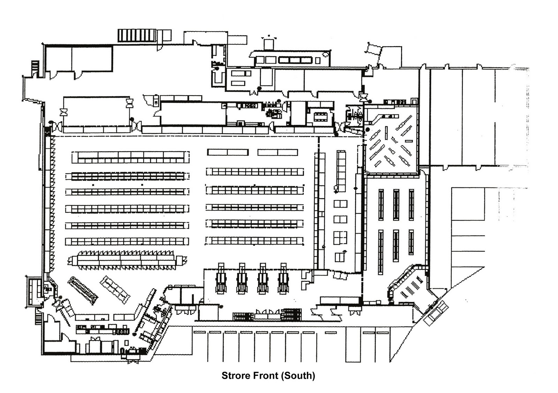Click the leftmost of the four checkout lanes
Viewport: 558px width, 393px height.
click(x=221, y=278)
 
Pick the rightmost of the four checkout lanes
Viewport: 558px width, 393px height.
click(x=283, y=278)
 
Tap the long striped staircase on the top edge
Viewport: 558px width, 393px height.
click(x=137, y=35)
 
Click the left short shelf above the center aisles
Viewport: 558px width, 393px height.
click(x=228, y=152)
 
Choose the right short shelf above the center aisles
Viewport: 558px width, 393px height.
click(x=278, y=152)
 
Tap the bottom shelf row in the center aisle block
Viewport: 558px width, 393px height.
click(x=255, y=241)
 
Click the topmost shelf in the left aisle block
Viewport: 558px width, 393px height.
click(x=131, y=157)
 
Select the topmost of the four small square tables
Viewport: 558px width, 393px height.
click(x=340, y=204)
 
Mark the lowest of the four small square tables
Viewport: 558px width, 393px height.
click(x=340, y=257)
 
